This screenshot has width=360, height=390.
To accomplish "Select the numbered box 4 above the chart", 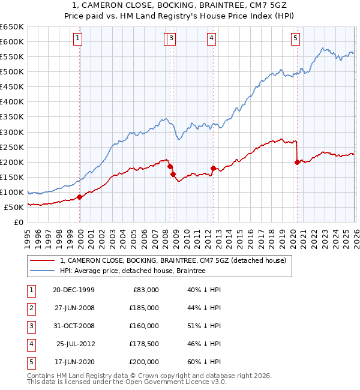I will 212,38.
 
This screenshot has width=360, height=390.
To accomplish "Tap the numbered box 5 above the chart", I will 296,38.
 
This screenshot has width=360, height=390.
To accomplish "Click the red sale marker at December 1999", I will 80,197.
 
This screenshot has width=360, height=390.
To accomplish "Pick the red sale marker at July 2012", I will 213,169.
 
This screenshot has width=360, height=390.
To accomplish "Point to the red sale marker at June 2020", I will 297,162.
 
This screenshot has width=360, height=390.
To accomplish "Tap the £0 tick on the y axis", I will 18,222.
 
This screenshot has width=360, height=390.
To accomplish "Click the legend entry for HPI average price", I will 133,271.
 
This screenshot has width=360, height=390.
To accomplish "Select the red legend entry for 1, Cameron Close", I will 173,260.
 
